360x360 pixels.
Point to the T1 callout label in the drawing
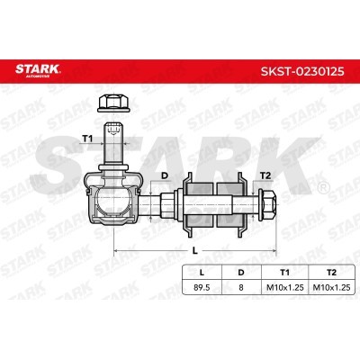(x=87, y=139)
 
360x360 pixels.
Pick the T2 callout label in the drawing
(x=265, y=175)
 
